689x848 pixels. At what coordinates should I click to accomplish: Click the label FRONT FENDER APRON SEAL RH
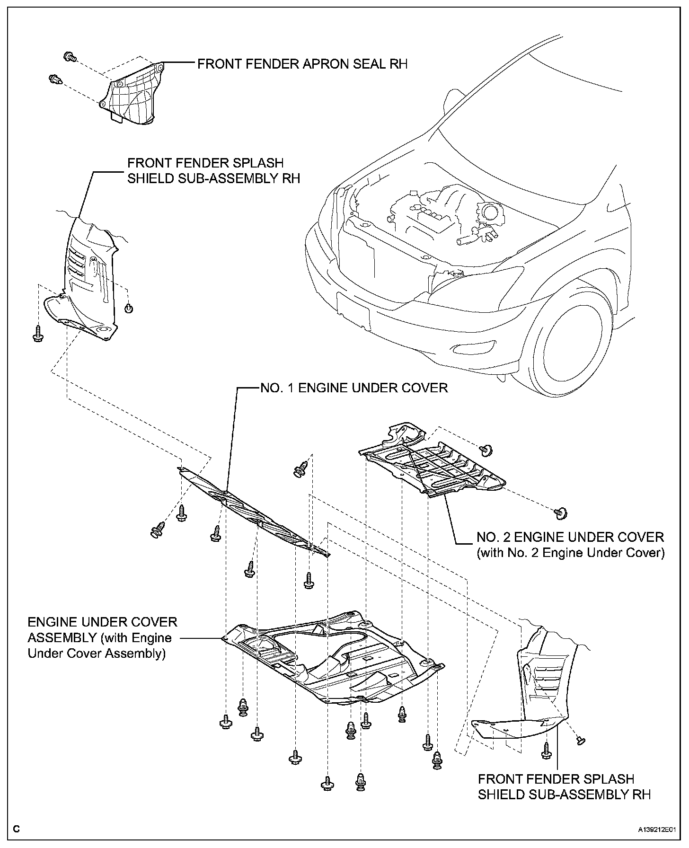pyautogui.click(x=302, y=64)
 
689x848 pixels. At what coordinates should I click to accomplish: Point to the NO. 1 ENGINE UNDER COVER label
pyautogui.click(x=353, y=388)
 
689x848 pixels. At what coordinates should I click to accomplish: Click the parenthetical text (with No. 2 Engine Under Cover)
pyautogui.click(x=570, y=552)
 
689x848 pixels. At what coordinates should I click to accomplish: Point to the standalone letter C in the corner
pyautogui.click(x=17, y=829)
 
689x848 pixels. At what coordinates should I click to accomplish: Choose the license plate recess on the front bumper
pyautogui.click(x=353, y=307)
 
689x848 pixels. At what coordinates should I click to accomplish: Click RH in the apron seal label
pyautogui.click(x=399, y=64)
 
